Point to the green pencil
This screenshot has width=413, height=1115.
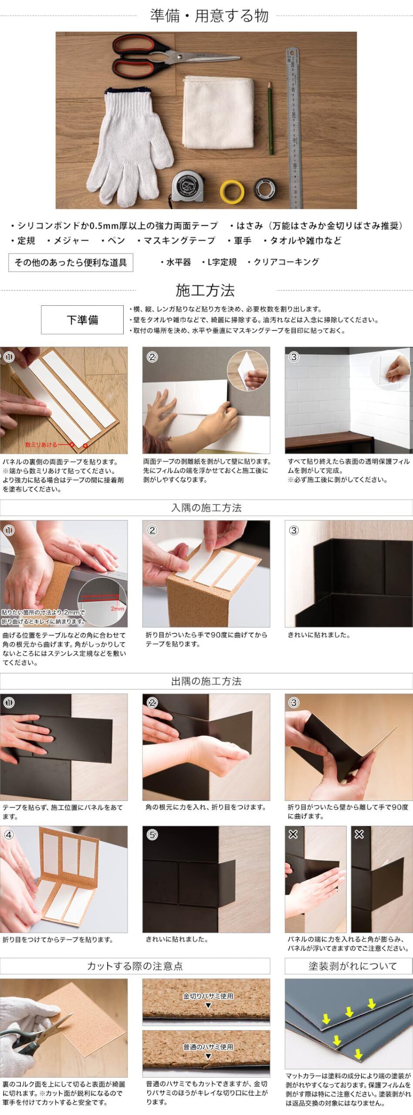point(270,118)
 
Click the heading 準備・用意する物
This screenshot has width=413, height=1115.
point(209,16)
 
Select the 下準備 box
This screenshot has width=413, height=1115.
point(82,320)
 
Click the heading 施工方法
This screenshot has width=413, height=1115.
point(205,290)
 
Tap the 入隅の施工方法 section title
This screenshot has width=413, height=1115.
point(206,507)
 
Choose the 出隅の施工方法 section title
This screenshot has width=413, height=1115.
point(206,681)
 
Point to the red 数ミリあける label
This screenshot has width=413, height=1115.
point(41,445)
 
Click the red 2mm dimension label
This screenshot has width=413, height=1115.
point(117,608)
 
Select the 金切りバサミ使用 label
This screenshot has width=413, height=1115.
point(208,996)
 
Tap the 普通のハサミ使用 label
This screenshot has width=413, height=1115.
point(208,1047)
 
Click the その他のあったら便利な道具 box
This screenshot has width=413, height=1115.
point(71,262)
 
